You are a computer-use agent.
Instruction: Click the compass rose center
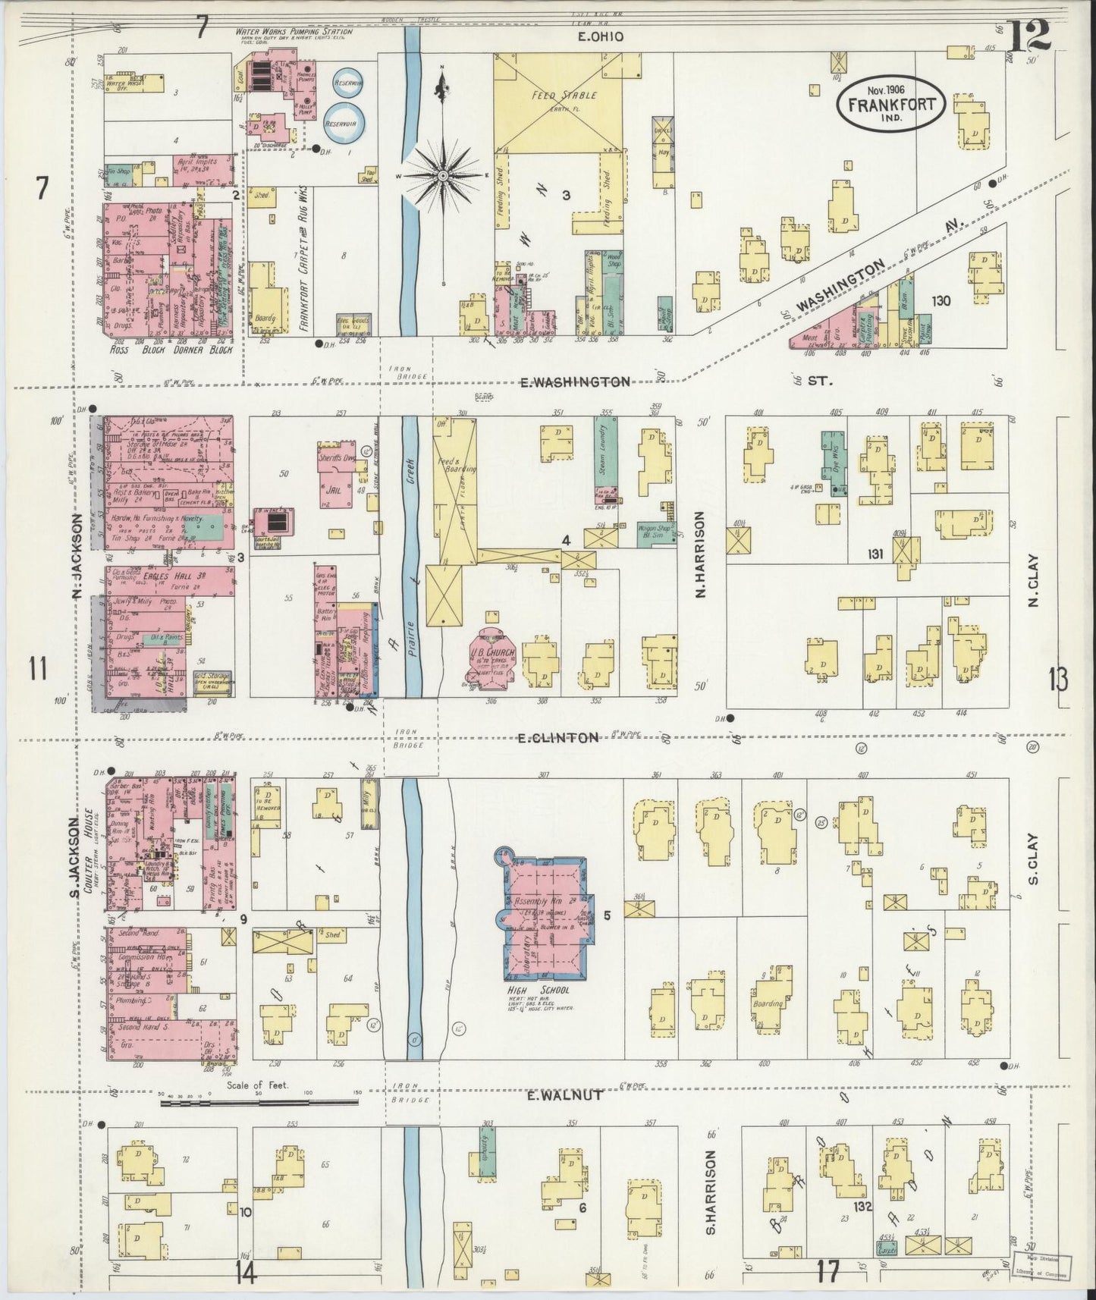(443, 175)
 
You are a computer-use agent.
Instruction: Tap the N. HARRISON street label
(700, 553)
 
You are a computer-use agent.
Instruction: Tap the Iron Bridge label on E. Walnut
(411, 1093)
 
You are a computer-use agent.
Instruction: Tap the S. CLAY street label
(1033, 861)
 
